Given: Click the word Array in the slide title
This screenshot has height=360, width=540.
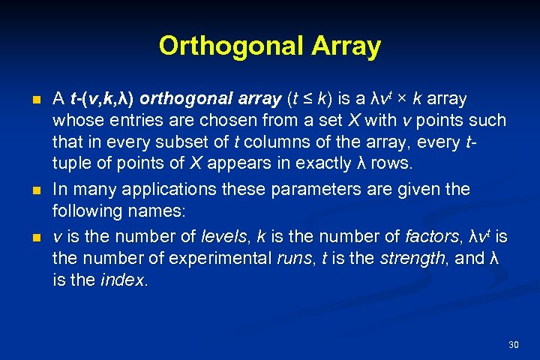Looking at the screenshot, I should click(x=345, y=46).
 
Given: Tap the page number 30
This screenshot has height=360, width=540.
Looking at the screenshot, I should click(x=514, y=344).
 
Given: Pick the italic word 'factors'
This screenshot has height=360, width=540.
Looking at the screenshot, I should click(x=431, y=237).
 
